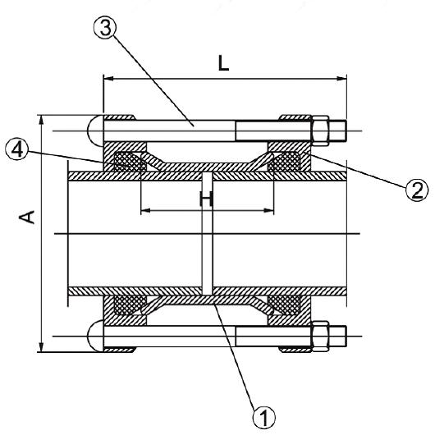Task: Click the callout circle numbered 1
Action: pyautogui.click(x=264, y=417)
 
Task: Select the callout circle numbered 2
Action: pyautogui.click(x=417, y=190)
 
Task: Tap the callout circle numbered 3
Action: pyautogui.click(x=105, y=29)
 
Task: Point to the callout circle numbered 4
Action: pyautogui.click(x=17, y=150)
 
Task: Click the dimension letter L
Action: pyautogui.click(x=223, y=63)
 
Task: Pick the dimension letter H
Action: pyautogui.click(x=207, y=199)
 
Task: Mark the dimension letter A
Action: pyautogui.click(x=27, y=217)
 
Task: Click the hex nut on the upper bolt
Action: pyautogui.click(x=320, y=130)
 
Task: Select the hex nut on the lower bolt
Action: pyautogui.click(x=320, y=337)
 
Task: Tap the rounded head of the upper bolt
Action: pyautogui.click(x=95, y=130)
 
